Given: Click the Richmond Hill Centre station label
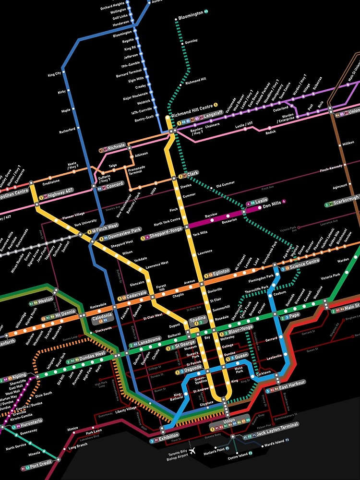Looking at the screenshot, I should click(x=192, y=106).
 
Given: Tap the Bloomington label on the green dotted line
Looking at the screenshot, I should click(x=191, y=16).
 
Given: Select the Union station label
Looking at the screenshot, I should click(x=229, y=421).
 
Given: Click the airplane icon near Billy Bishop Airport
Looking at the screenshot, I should click(x=193, y=452).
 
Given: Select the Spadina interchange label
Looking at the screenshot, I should click(x=197, y=319).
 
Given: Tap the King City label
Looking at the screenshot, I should click(x=55, y=74).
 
